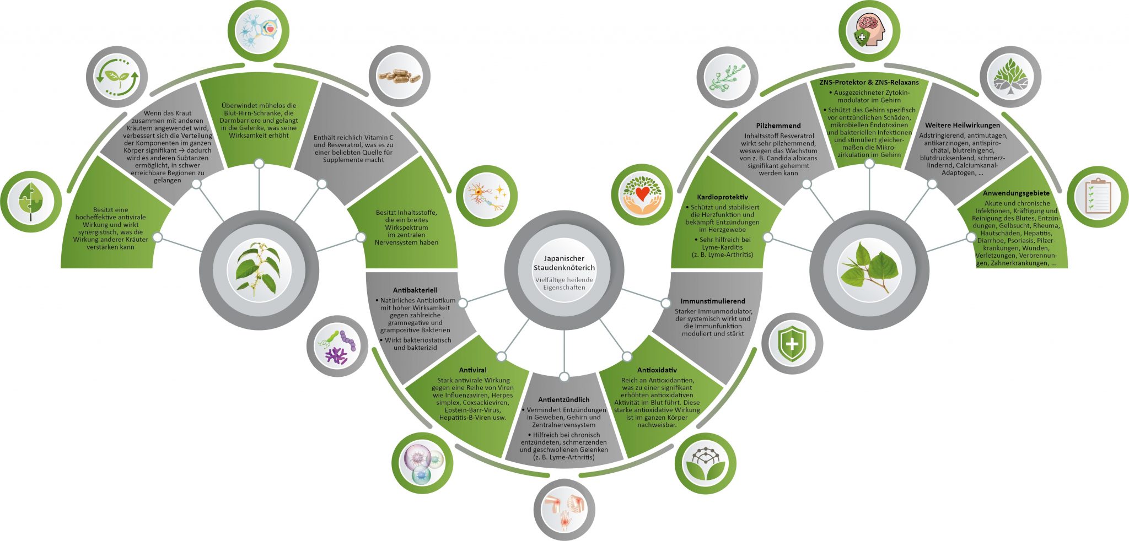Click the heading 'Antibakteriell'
pyautogui.click(x=415, y=290)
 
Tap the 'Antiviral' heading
pyautogui.click(x=472, y=370)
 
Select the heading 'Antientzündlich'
pyautogui.click(x=563, y=400)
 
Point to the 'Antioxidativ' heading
pyautogui.click(x=657, y=370)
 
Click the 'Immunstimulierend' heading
pyautogui.click(x=712, y=301)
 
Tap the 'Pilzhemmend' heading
pyautogui.click(x=778, y=126)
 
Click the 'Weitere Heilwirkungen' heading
pyautogui.click(x=962, y=126)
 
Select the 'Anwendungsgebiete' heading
pyautogui.click(x=1015, y=193)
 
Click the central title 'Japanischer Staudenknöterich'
pyautogui.click(x=564, y=263)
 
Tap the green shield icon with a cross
pyautogui.click(x=792, y=344)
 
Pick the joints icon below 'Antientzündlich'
pyautogui.click(x=564, y=510)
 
